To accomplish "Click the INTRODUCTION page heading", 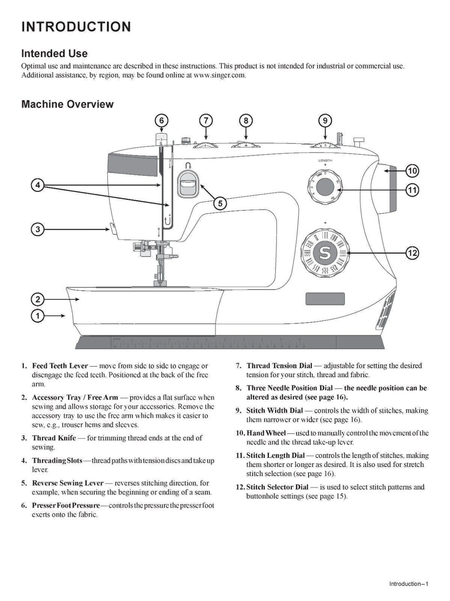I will [x=76, y=27].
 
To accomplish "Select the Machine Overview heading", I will [x=67, y=104].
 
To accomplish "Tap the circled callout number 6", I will [x=161, y=121].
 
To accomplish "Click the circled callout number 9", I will [x=325, y=121].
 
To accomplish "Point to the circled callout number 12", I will [x=412, y=253].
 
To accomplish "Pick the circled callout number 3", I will [x=38, y=229].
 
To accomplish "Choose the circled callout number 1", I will [x=38, y=315].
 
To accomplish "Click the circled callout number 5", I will [x=220, y=203].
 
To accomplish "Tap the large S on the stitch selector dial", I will [x=325, y=253].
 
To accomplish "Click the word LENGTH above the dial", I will [x=325, y=161].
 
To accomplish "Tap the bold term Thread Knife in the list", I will [x=54, y=438].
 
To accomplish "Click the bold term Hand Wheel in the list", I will [x=266, y=433].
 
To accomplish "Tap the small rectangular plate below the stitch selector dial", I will [x=325, y=299].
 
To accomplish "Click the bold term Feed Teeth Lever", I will [x=60, y=366].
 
